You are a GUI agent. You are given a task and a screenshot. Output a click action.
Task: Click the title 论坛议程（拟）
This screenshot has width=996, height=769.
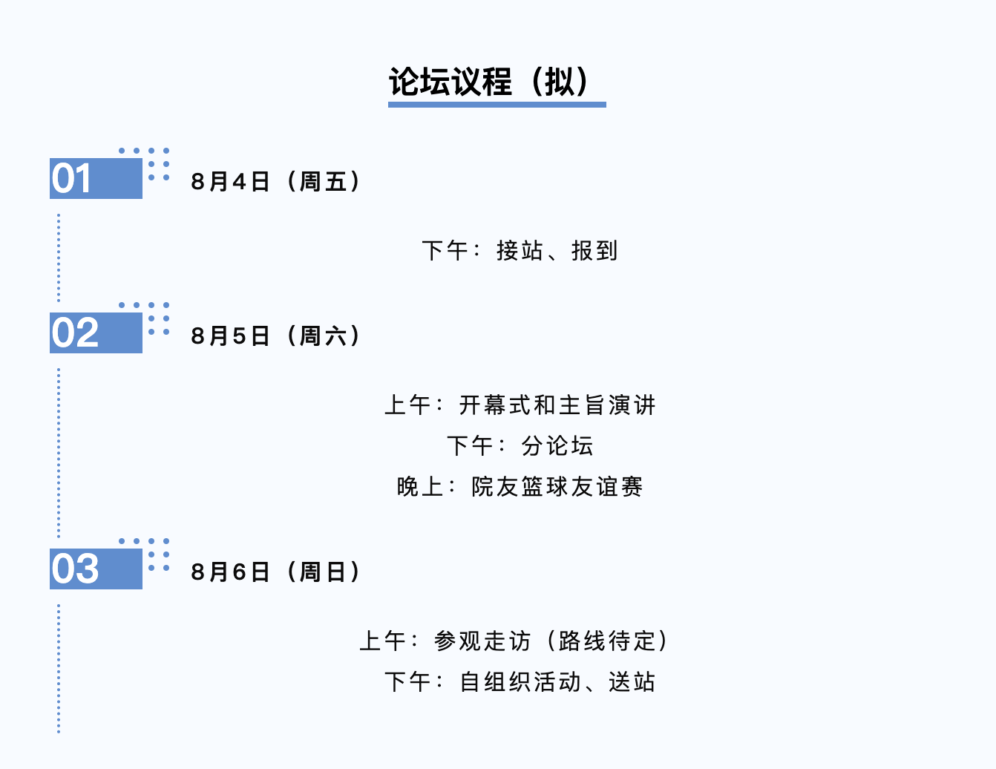point(490,82)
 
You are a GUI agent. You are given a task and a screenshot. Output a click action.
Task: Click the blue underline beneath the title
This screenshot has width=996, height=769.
point(497,105)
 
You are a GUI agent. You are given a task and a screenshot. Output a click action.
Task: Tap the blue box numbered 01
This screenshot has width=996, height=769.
point(96,179)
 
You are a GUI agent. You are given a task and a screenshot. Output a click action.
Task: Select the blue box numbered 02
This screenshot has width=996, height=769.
point(96,333)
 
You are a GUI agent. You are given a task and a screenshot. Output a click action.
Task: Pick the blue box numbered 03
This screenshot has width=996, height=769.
point(96,569)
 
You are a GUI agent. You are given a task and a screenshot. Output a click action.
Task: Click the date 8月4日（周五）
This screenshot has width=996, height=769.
point(275,182)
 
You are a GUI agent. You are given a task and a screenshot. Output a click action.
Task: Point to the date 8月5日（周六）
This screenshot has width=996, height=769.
point(275,336)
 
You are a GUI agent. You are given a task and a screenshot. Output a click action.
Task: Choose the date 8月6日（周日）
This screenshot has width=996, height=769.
point(275,572)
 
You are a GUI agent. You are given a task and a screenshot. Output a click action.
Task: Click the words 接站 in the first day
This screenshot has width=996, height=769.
point(520,251)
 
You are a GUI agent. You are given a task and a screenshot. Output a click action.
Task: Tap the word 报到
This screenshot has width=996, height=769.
point(594,251)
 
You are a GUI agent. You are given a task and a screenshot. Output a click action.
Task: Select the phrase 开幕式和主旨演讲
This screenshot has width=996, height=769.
point(557,405)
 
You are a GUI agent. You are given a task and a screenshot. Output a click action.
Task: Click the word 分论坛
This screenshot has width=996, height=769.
point(557,446)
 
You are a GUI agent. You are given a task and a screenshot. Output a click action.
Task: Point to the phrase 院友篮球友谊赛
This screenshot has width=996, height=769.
point(557,487)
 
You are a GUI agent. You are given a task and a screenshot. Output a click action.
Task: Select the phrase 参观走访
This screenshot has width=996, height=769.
point(482,641)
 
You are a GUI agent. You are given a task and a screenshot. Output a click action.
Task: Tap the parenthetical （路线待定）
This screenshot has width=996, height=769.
point(607,641)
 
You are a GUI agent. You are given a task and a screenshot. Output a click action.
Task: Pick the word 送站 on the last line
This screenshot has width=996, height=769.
point(632,682)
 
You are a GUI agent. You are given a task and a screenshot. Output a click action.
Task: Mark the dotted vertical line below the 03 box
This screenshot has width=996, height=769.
point(59,668)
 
